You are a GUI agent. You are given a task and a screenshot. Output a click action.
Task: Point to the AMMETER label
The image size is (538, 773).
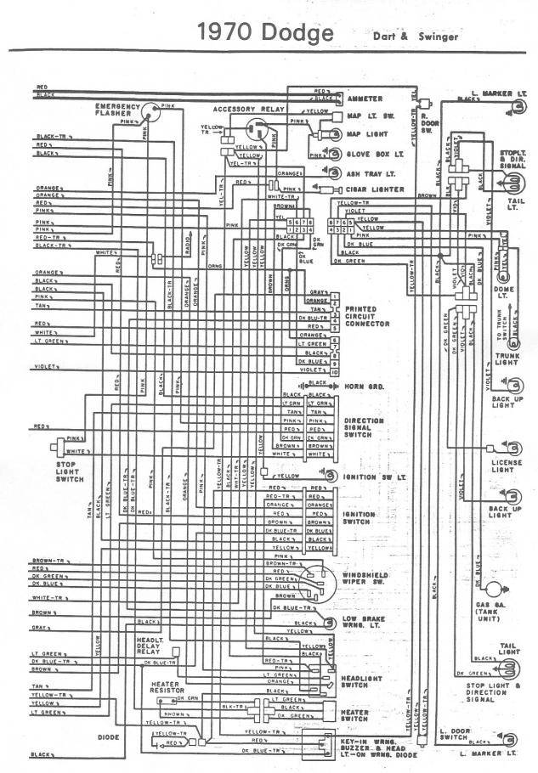click(365, 99)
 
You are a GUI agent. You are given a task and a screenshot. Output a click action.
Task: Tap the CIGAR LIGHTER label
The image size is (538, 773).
click(373, 189)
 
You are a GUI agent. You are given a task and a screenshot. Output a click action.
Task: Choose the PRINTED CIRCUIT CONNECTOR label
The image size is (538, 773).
click(366, 315)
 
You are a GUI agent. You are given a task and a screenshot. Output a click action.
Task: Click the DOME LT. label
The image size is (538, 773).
click(502, 293)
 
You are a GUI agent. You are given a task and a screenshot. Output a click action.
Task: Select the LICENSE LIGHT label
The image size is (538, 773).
click(505, 465)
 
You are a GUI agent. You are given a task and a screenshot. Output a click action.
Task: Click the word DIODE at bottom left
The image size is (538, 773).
click(108, 737)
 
